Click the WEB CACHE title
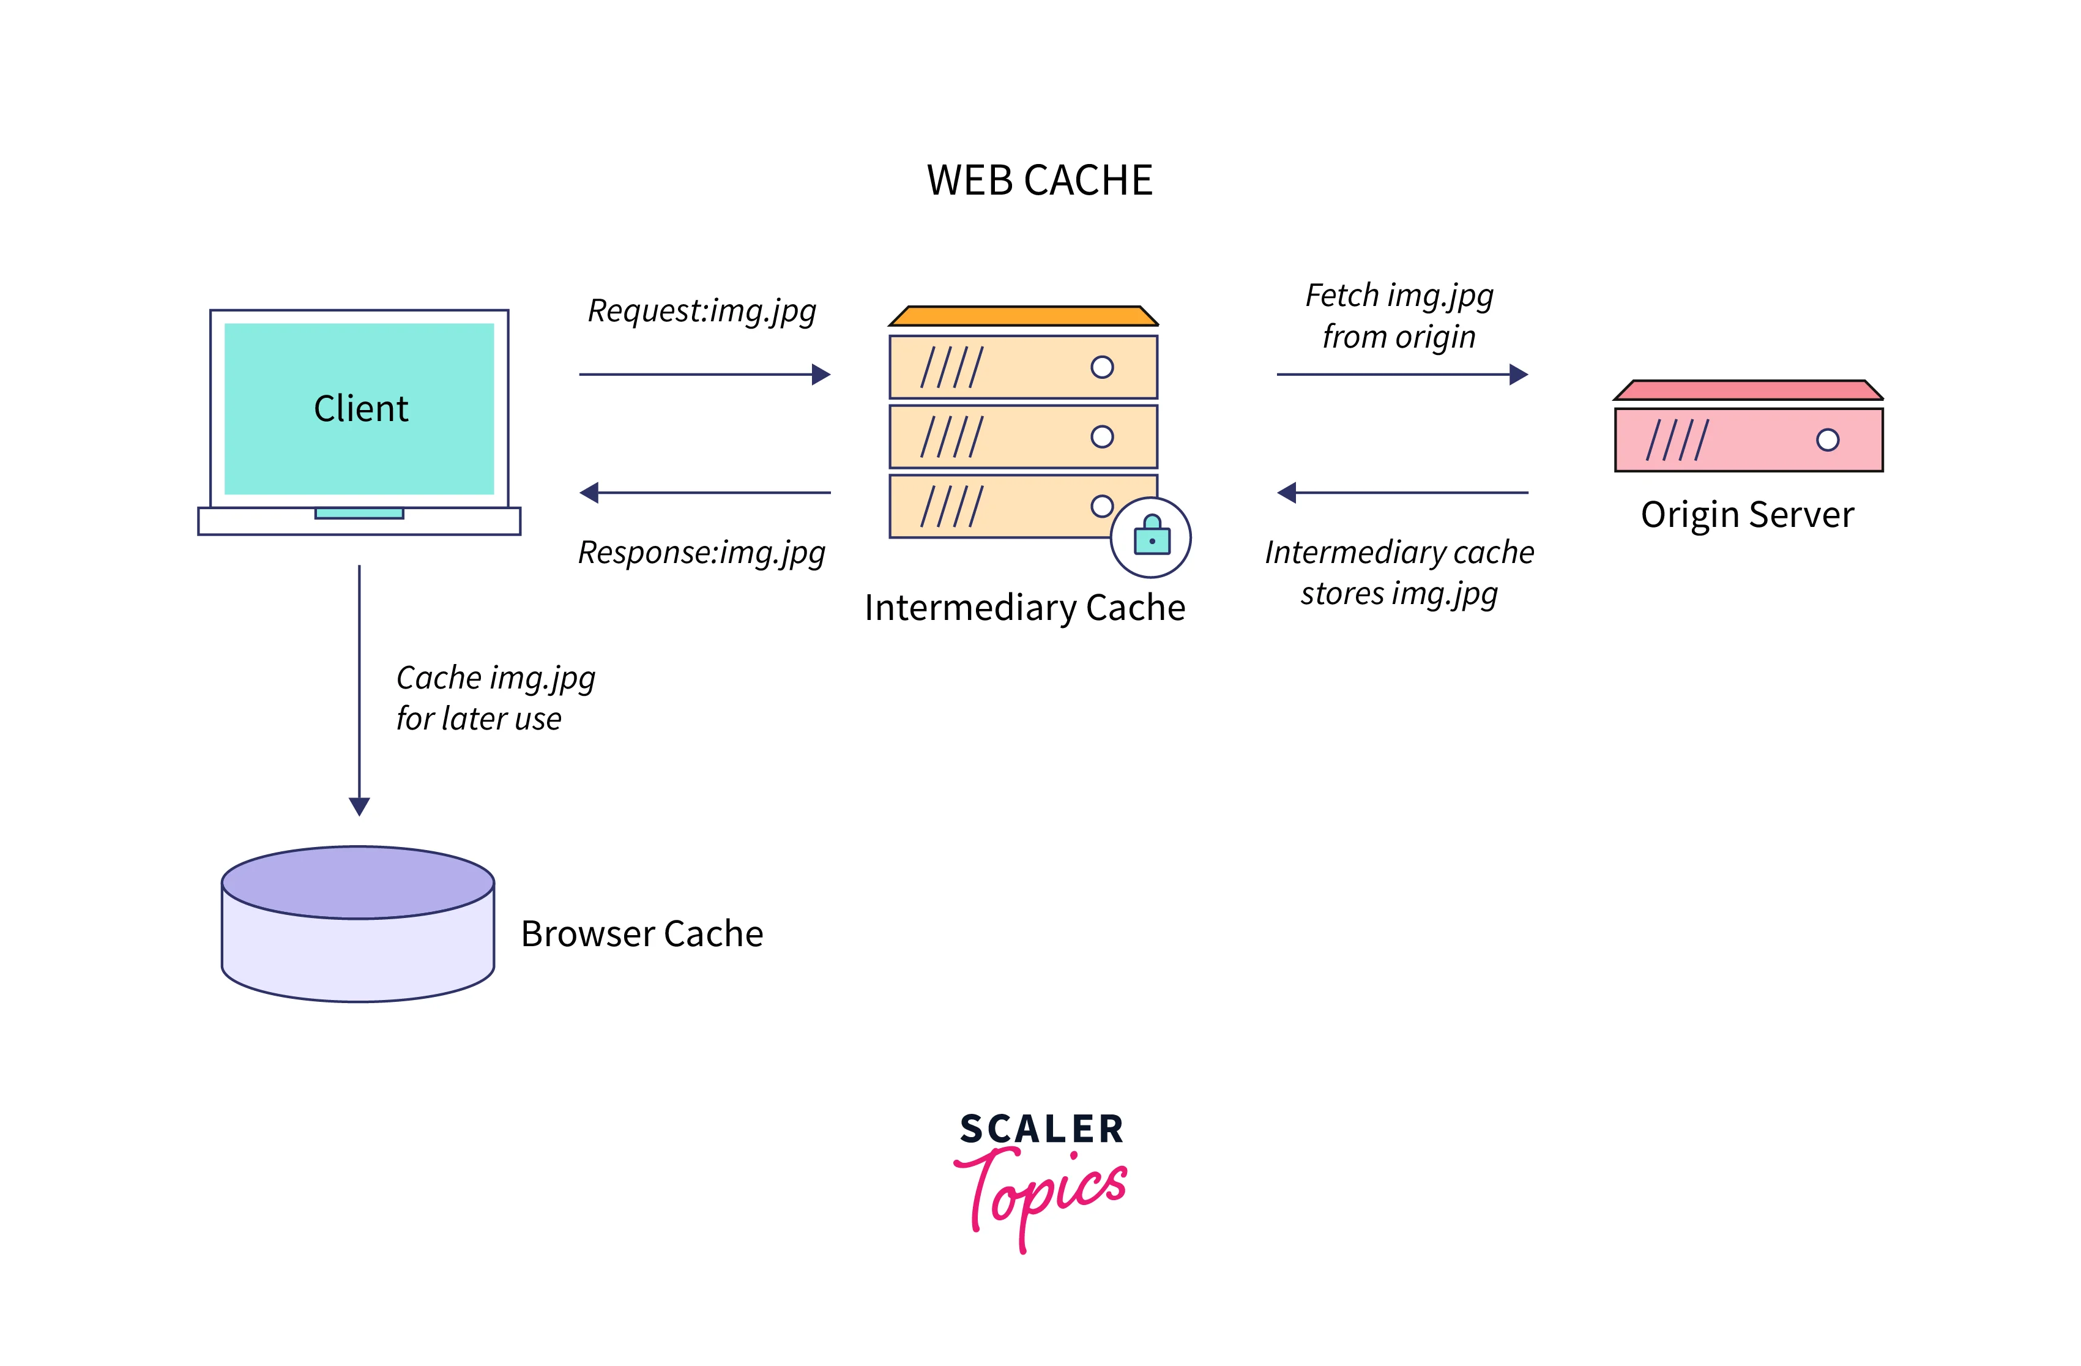click(1040, 180)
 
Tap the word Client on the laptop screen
click(360, 408)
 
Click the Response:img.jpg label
click(701, 553)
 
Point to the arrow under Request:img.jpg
click(704, 375)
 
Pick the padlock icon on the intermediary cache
click(1151, 536)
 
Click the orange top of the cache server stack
click(1023, 316)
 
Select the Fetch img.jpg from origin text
click(1399, 316)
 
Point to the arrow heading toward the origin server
click(1402, 375)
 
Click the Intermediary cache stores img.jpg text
click(1399, 573)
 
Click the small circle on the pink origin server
click(1828, 440)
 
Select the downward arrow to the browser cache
click(359, 691)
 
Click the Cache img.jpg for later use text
click(495, 698)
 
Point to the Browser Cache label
click(642, 934)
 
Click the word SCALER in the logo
click(1041, 1129)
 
